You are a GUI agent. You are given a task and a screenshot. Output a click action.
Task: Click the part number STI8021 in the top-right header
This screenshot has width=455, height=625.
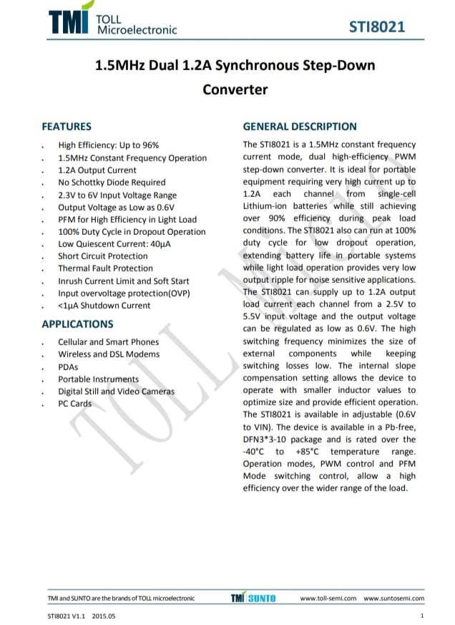pos(377,27)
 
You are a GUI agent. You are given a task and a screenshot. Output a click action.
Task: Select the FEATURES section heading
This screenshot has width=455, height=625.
pos(67,127)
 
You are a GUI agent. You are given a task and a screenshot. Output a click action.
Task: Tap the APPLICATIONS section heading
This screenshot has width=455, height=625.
pos(77,324)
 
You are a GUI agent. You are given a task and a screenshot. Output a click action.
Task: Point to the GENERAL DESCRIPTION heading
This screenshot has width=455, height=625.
pos(300,127)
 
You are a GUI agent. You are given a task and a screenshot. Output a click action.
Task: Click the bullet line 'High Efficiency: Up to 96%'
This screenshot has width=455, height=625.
pos(109,145)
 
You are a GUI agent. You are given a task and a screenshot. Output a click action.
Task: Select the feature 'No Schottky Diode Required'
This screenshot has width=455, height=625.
pos(112,183)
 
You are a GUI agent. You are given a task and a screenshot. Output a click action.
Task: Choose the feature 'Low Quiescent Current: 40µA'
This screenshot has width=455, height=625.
pos(114,243)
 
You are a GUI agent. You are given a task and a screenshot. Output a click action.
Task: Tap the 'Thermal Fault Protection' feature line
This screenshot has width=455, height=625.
pos(105,268)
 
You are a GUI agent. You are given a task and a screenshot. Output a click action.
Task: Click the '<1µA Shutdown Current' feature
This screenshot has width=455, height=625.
pos(104,306)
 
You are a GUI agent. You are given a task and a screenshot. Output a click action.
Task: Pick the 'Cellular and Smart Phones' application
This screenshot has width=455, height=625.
pos(108,342)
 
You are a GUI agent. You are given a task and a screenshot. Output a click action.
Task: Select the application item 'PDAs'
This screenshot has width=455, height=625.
pos(68,367)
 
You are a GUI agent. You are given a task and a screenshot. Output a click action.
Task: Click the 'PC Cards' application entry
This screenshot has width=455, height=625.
pos(74,404)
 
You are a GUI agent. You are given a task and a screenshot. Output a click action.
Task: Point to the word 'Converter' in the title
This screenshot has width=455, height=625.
pos(235,89)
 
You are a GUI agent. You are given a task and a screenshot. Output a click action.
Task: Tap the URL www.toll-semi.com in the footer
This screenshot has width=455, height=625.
pos(328,599)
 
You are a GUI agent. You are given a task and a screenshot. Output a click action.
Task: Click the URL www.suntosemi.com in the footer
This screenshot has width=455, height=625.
pos(393,599)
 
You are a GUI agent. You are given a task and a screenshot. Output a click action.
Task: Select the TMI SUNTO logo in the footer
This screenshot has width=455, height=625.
pos(253,598)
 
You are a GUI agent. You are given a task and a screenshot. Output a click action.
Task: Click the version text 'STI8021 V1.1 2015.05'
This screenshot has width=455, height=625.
pos(81,616)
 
